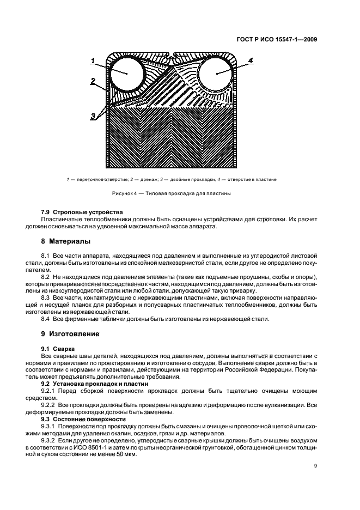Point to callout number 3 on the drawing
(93, 116)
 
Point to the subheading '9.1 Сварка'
(58, 347)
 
